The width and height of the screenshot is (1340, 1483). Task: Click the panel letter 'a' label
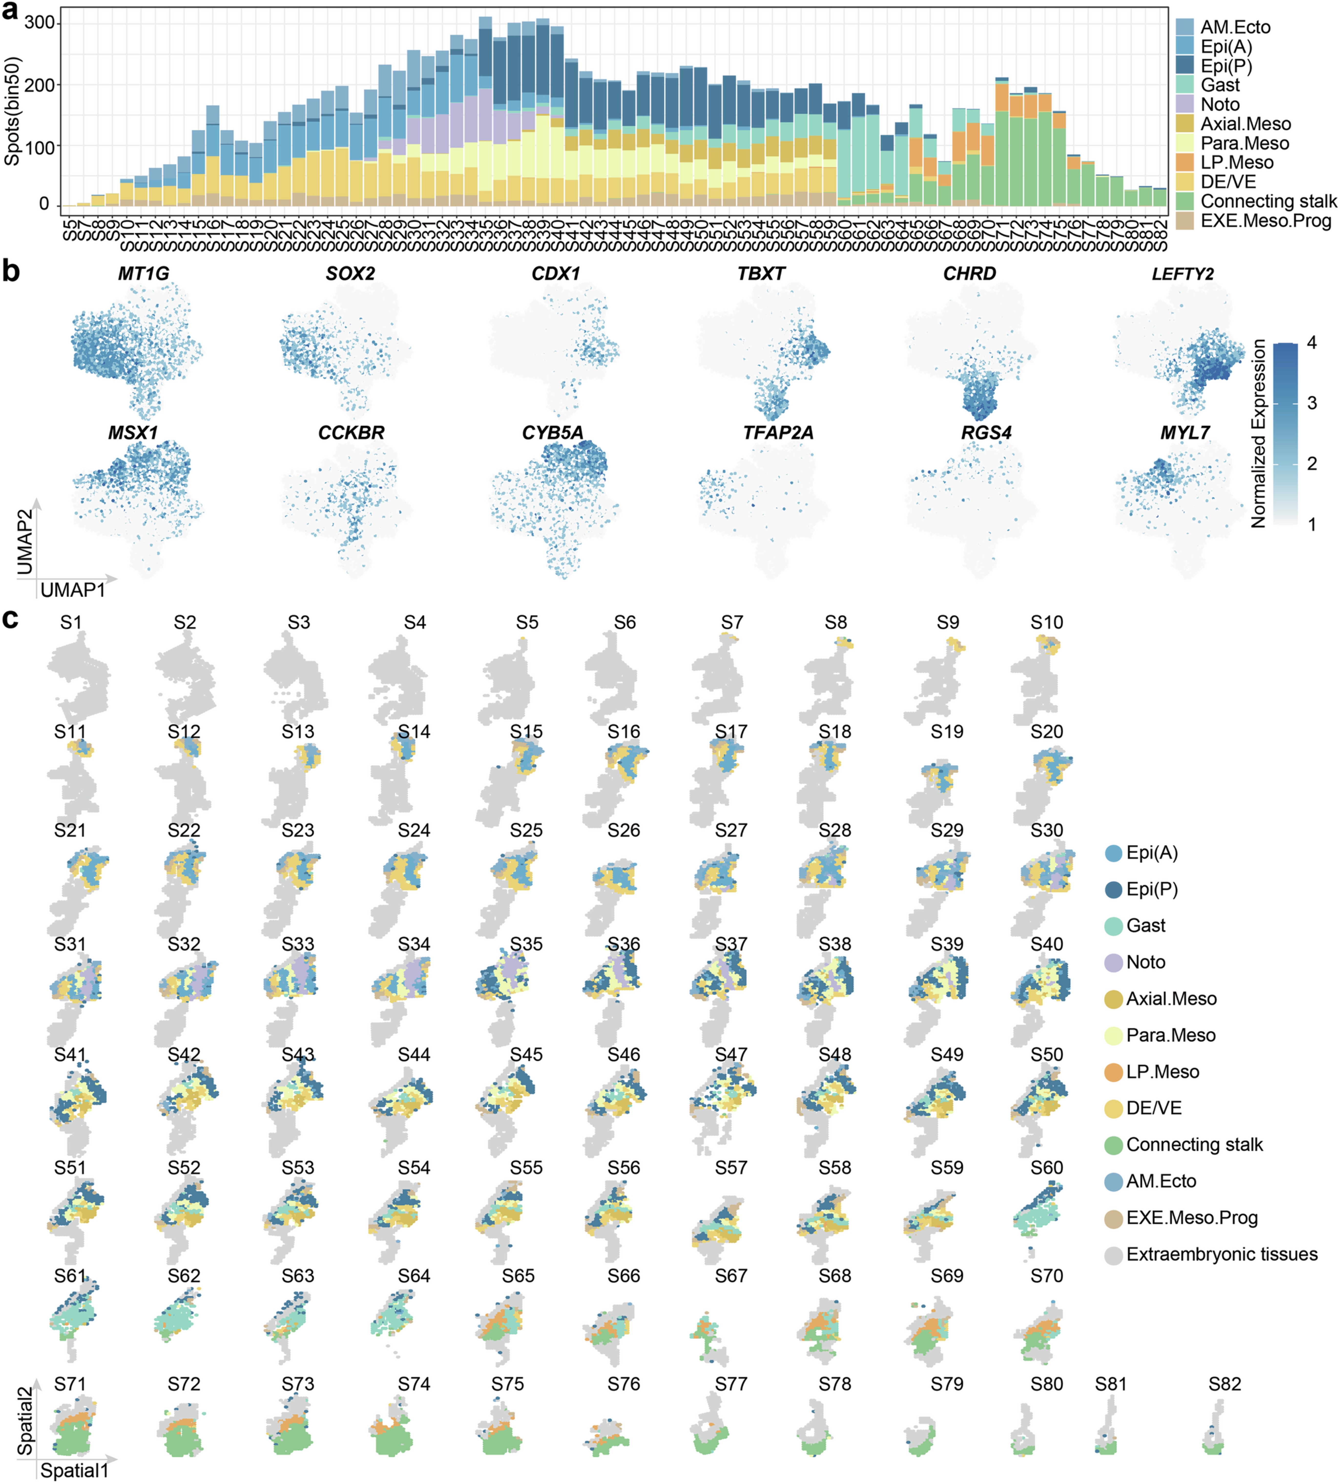[x=10, y=12]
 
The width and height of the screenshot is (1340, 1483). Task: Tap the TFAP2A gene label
[x=778, y=433]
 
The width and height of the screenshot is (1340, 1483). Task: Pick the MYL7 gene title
[x=1185, y=433]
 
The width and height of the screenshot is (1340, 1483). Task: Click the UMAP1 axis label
[x=73, y=590]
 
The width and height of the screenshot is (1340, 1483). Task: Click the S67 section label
[x=731, y=1276]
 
